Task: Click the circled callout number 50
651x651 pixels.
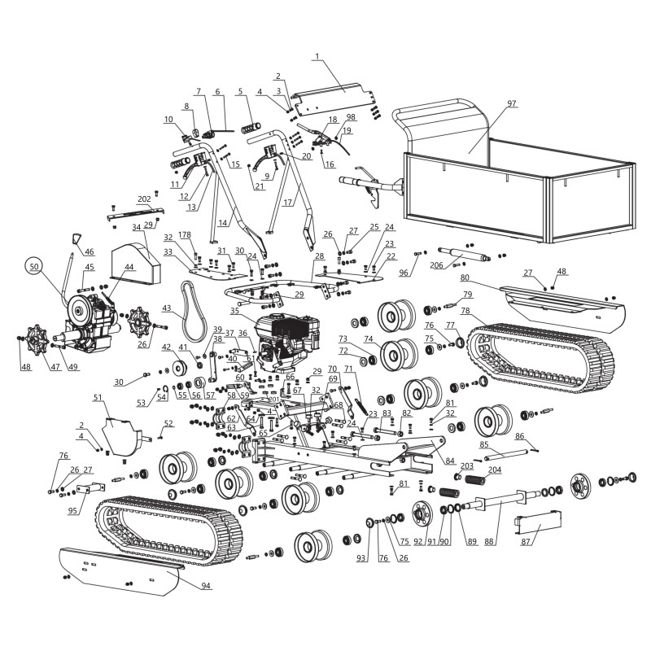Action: coord(33,266)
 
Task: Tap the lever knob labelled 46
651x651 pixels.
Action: coord(75,238)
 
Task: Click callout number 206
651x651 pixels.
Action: coord(437,264)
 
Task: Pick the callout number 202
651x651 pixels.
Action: coord(144,199)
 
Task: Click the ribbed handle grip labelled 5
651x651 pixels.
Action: coord(254,128)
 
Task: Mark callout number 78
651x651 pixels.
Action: coord(465,311)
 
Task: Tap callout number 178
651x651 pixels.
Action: coord(186,235)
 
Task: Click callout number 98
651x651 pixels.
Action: coord(351,118)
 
